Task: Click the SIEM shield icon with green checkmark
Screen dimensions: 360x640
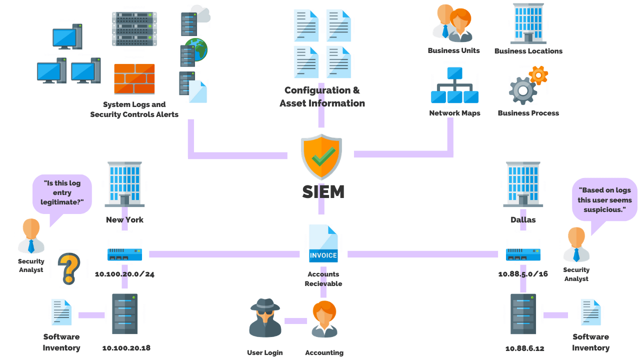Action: [321, 157]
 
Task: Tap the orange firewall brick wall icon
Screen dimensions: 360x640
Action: [134, 79]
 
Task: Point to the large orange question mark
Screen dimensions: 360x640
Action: [69, 268]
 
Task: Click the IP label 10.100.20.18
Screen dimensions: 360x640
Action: [126, 348]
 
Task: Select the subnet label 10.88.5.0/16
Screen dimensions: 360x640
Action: [523, 274]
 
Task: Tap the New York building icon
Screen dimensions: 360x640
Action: [124, 184]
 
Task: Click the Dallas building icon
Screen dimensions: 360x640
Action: [523, 184]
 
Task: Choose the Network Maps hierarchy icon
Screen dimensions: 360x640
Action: [454, 85]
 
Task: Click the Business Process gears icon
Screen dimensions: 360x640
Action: [527, 85]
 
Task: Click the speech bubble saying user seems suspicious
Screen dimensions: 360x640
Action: [604, 200]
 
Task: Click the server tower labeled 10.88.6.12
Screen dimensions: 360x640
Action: [523, 314]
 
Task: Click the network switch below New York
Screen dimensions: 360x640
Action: [124, 254]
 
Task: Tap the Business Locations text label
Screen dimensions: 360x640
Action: [528, 51]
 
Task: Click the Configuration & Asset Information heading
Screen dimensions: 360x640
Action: [322, 97]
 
